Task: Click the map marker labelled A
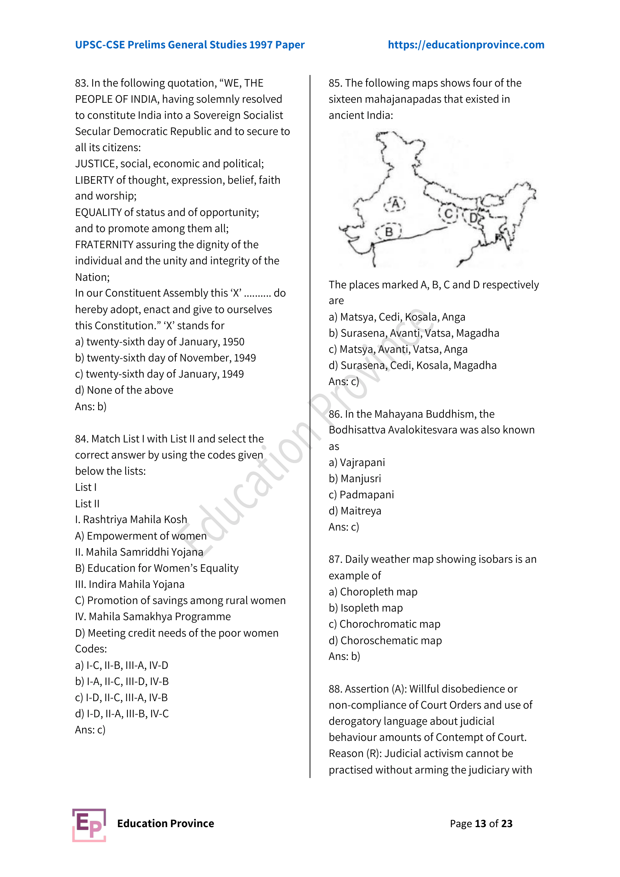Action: click(395, 204)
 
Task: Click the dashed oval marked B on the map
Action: click(389, 231)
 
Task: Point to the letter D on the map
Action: click(473, 218)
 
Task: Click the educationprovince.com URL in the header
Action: click(466, 45)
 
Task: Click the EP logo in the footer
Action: click(89, 825)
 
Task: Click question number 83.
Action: click(81, 83)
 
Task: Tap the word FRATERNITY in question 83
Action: click(104, 244)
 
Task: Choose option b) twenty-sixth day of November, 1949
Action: click(165, 358)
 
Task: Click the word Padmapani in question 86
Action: click(367, 495)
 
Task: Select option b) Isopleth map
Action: click(365, 608)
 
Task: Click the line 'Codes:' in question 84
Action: click(91, 649)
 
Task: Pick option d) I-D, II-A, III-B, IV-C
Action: click(122, 714)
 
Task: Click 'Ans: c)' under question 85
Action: click(344, 382)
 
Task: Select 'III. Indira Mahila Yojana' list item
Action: click(130, 585)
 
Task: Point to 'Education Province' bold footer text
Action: click(165, 823)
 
